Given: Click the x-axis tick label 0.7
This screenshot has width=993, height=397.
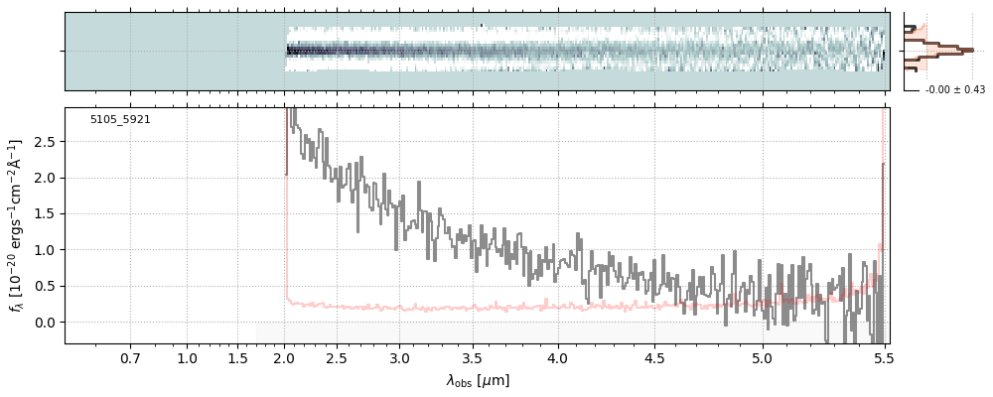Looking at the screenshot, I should point(130,357).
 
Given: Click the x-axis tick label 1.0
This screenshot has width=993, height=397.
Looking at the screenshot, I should point(187,357).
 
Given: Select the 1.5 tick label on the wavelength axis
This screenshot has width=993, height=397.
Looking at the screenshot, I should point(238,357).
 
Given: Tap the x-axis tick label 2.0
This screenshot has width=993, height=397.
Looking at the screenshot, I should point(285,357).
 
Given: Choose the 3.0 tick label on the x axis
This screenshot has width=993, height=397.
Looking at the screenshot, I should point(399,357).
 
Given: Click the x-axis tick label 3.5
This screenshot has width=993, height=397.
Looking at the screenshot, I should point(472,357).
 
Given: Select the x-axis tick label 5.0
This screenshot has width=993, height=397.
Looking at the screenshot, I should point(762,357).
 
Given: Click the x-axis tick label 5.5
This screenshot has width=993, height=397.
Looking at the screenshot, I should point(884,357).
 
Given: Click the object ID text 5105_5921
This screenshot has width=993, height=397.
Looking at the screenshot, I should point(120,119).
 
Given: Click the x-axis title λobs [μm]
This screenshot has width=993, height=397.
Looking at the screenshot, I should point(478,380).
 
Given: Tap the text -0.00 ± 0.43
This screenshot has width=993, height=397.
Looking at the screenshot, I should point(947,90).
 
